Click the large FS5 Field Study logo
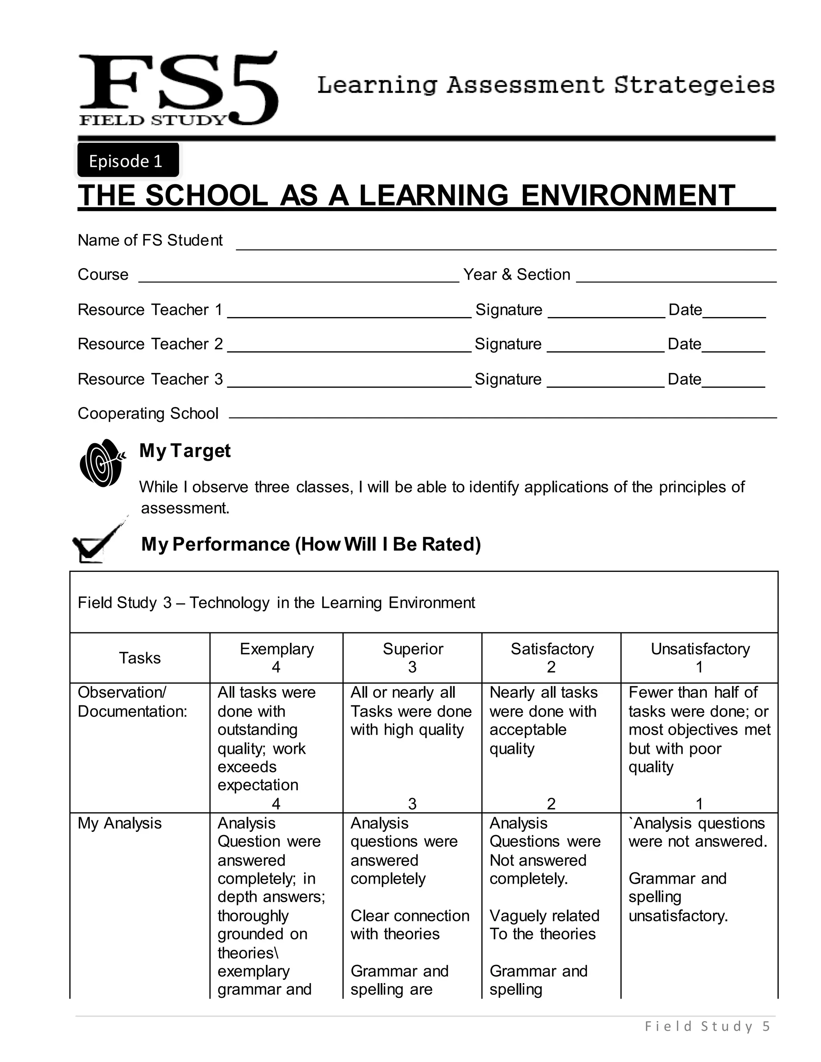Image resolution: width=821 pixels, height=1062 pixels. tap(178, 89)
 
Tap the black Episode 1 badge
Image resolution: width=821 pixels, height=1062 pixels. tap(128, 160)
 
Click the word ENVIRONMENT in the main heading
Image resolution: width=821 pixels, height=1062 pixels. tap(627, 196)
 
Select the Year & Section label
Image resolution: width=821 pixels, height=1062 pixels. tap(516, 275)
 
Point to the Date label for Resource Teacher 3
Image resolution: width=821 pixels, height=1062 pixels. tap(684, 379)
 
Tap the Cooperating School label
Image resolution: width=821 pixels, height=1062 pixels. tap(148, 413)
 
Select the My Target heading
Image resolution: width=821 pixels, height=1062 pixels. tap(185, 451)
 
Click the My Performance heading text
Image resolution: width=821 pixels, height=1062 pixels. tap(311, 544)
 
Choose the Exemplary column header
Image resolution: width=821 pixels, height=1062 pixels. tap(276, 657)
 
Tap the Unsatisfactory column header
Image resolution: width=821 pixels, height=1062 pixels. tap(700, 657)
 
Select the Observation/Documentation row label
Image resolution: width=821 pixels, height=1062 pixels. tap(132, 702)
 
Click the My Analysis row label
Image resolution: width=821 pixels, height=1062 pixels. tap(119, 823)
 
